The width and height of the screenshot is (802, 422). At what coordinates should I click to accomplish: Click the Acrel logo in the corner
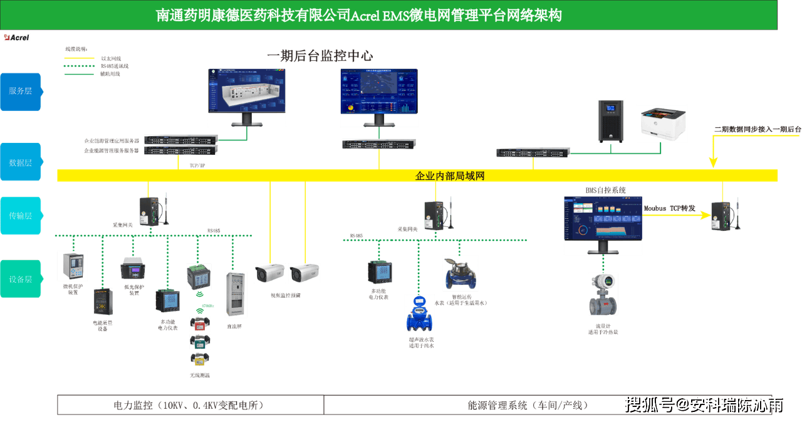click(x=16, y=37)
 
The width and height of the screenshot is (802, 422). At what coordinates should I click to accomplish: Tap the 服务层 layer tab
click(x=20, y=91)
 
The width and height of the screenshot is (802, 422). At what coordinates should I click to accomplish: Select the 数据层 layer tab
click(x=20, y=162)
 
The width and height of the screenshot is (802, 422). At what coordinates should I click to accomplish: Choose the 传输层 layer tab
click(x=20, y=216)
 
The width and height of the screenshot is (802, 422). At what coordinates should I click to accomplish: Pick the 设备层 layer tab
click(x=20, y=279)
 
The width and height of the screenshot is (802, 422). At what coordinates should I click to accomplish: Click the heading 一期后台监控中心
click(x=320, y=56)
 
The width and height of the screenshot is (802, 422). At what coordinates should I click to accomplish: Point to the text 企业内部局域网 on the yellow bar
click(x=450, y=176)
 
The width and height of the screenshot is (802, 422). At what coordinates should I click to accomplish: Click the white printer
click(x=662, y=124)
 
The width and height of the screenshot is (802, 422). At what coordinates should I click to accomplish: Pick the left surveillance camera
click(x=269, y=273)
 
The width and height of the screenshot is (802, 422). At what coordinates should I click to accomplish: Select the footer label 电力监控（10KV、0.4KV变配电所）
click(x=189, y=405)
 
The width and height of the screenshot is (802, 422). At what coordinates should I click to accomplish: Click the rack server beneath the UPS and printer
click(x=533, y=152)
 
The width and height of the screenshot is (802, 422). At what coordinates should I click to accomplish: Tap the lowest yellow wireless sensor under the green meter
click(x=199, y=359)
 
